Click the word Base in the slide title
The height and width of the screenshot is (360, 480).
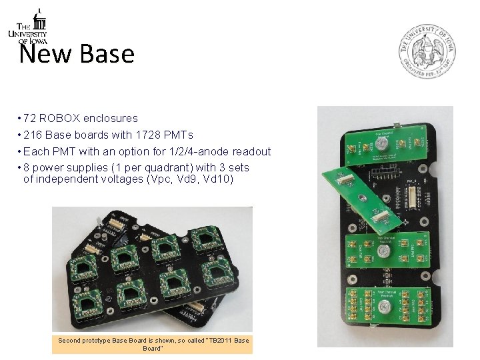[x=107, y=54]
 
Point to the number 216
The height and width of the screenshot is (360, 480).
[x=33, y=135]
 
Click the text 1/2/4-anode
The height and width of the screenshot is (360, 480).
[x=199, y=152]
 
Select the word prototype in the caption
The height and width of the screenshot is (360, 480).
[x=100, y=341]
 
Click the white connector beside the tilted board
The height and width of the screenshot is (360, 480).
[x=416, y=197]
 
